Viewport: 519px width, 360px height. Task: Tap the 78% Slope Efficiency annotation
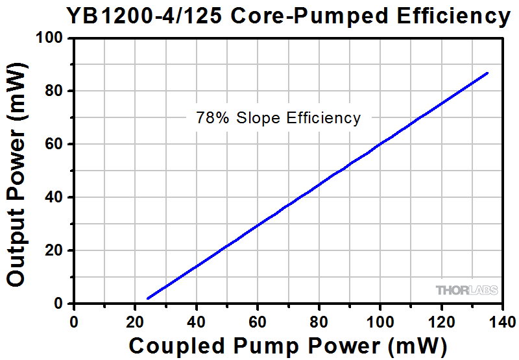click(278, 118)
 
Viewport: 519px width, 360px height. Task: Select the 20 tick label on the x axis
click(135, 321)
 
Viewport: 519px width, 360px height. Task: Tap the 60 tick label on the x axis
click(258, 321)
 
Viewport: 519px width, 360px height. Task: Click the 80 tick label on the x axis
click(319, 321)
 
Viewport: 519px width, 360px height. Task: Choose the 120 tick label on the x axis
click(441, 321)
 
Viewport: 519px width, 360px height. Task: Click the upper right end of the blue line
click(487, 73)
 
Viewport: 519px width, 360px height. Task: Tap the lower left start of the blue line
click(148, 298)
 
